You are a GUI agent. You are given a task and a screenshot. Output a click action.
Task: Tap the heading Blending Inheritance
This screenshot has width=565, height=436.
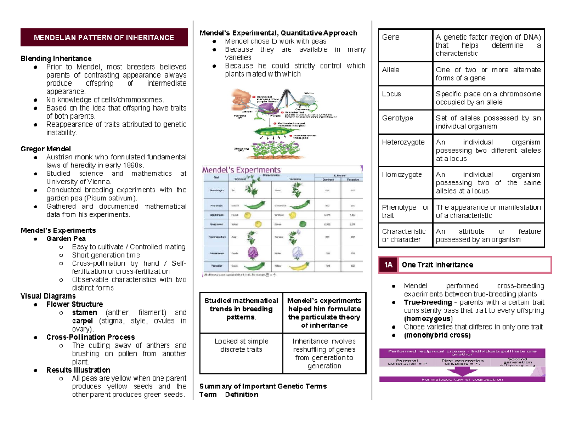[x=56, y=59]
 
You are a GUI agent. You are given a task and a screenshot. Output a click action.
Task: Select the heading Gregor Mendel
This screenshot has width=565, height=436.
[x=45, y=149]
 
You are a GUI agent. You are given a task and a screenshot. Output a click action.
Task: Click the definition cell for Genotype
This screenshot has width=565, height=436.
[x=488, y=122]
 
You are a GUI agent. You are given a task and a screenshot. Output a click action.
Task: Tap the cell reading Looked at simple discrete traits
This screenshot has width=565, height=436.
[x=241, y=345]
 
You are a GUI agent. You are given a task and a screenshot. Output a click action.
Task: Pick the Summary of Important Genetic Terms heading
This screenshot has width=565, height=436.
[x=263, y=387]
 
